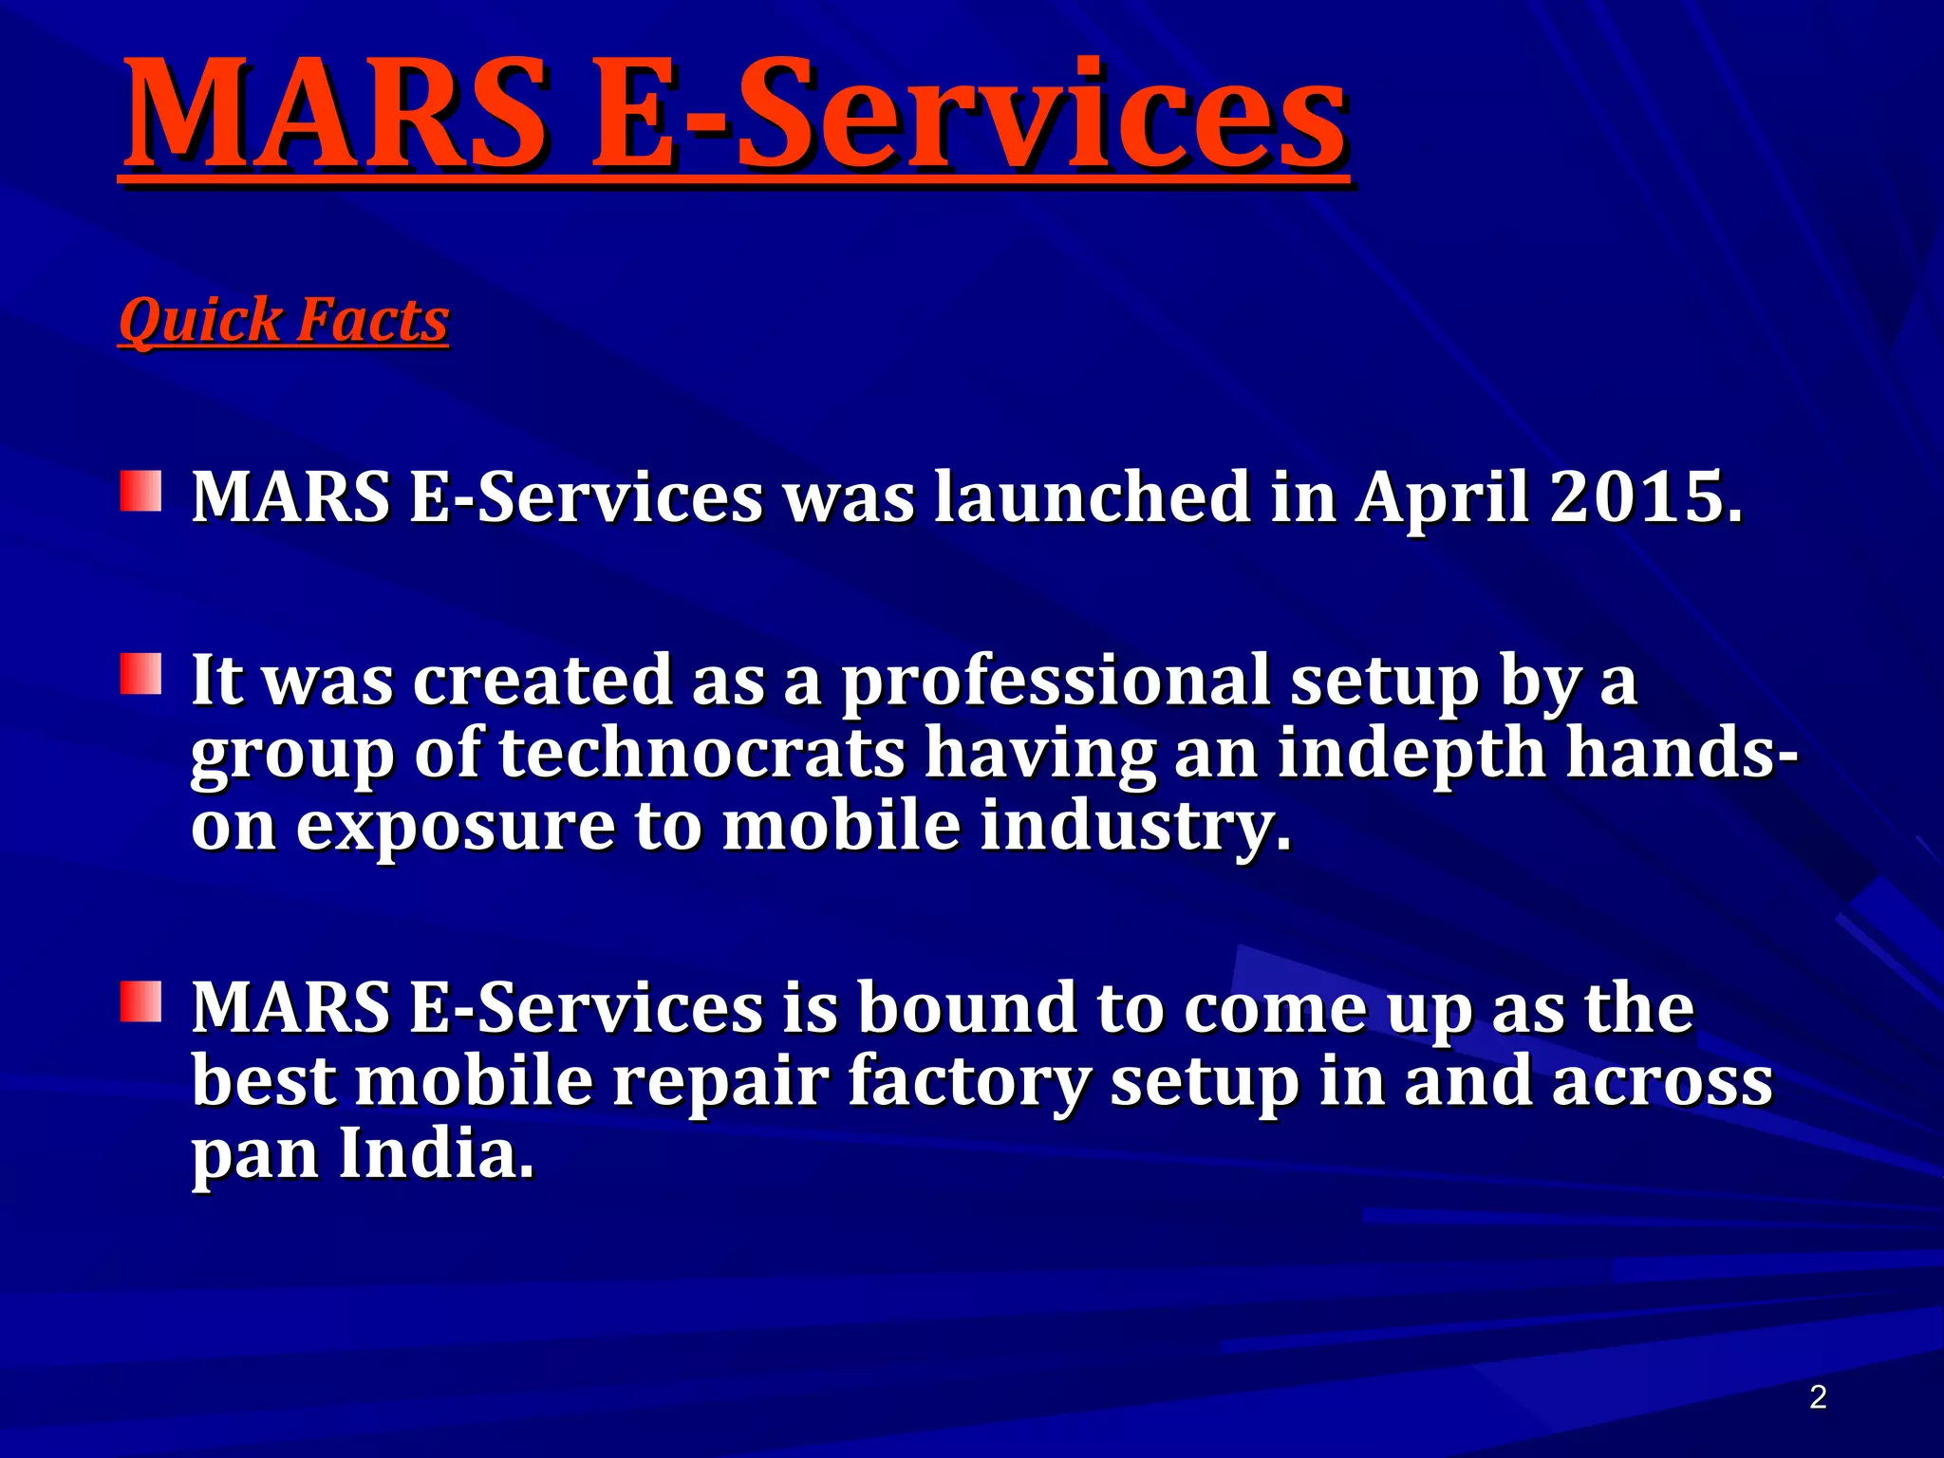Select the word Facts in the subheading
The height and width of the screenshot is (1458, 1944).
tap(372, 320)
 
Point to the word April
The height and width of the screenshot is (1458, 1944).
tap(1442, 498)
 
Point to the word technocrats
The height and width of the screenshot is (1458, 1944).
tap(702, 753)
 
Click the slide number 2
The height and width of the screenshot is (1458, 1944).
tap(1818, 1396)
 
